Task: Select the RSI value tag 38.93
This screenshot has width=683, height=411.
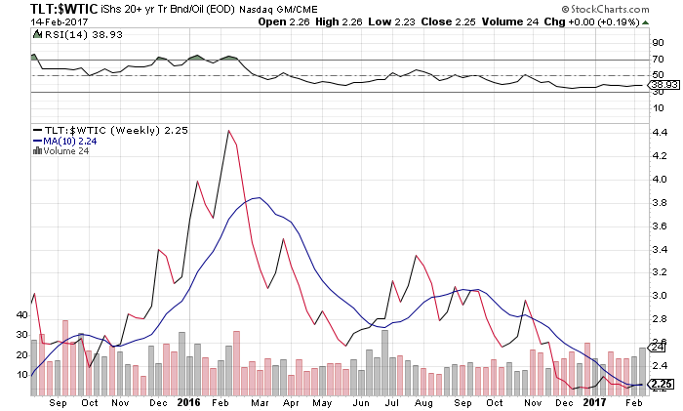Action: [663, 85]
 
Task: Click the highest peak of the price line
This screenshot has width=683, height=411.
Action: [227, 131]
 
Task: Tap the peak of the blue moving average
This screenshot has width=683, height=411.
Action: [257, 198]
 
